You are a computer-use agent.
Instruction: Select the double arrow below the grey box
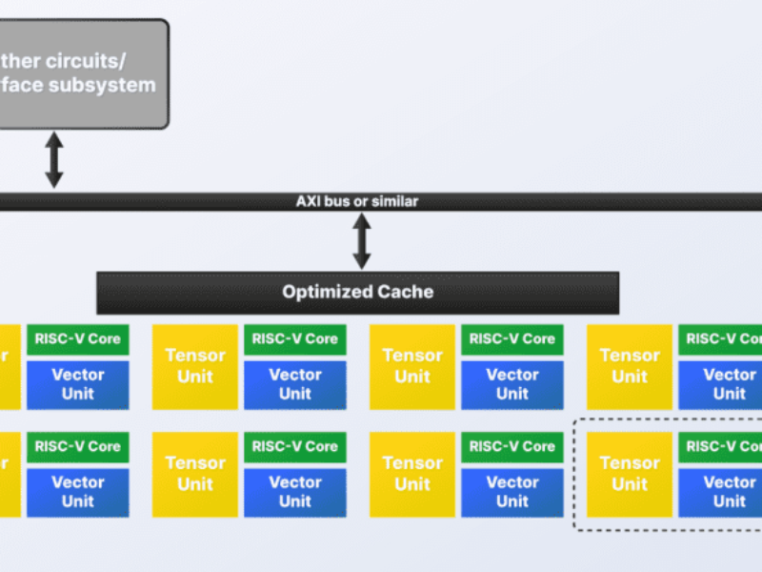tap(54, 159)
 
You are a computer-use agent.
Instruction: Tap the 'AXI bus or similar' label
tap(357, 202)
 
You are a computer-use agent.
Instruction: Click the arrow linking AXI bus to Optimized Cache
tap(361, 241)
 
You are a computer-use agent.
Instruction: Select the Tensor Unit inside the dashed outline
tap(630, 474)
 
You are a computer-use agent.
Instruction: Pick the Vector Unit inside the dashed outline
tap(728, 492)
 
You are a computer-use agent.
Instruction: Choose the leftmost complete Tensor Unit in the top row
tap(195, 366)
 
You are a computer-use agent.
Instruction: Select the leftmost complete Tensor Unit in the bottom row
tap(195, 474)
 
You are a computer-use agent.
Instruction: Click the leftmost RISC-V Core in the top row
tap(78, 338)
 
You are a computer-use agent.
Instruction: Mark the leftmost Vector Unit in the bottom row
tap(78, 492)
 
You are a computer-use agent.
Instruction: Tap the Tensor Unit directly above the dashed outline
tap(630, 366)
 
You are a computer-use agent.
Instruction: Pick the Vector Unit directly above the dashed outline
tap(728, 384)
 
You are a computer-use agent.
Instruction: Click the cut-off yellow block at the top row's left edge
tap(9, 366)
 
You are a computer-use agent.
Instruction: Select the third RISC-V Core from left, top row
tap(512, 338)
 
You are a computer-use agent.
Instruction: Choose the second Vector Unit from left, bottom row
tap(295, 492)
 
